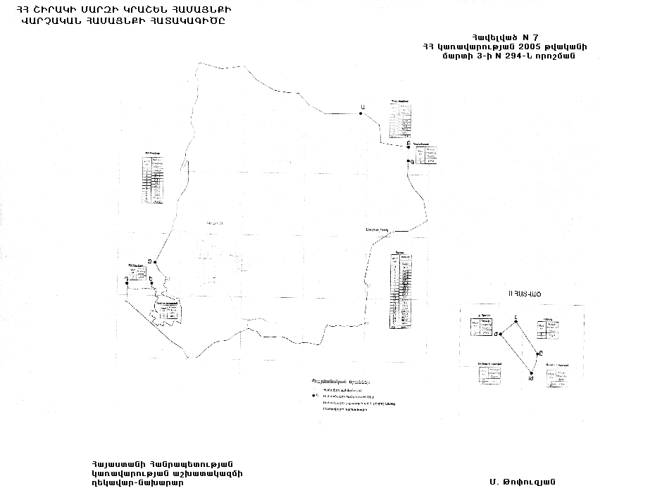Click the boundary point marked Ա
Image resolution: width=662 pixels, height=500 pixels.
[x=361, y=115]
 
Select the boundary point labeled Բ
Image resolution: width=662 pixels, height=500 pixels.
[x=408, y=146]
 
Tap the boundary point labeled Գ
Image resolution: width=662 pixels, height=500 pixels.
[x=408, y=162]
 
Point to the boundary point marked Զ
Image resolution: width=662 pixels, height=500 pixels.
[x=154, y=263]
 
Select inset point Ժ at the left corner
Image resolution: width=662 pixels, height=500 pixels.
[x=497, y=335]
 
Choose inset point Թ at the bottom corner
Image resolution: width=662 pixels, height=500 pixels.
[x=530, y=374]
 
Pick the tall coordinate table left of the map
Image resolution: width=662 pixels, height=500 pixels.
[x=153, y=178]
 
